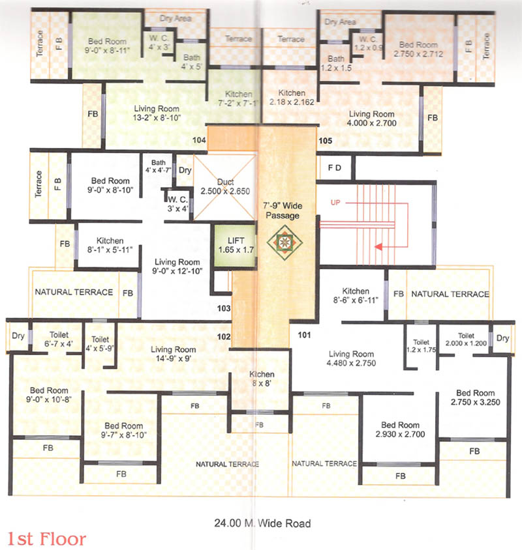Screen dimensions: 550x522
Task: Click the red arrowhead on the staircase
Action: pos(378,247)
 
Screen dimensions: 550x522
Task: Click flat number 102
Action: pos(224,337)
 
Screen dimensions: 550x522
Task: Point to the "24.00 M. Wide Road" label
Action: pos(262,523)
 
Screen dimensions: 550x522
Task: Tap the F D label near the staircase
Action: pos(334,167)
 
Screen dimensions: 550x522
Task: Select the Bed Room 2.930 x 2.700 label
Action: pos(401,428)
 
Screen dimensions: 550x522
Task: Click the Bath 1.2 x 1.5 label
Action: pos(337,63)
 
